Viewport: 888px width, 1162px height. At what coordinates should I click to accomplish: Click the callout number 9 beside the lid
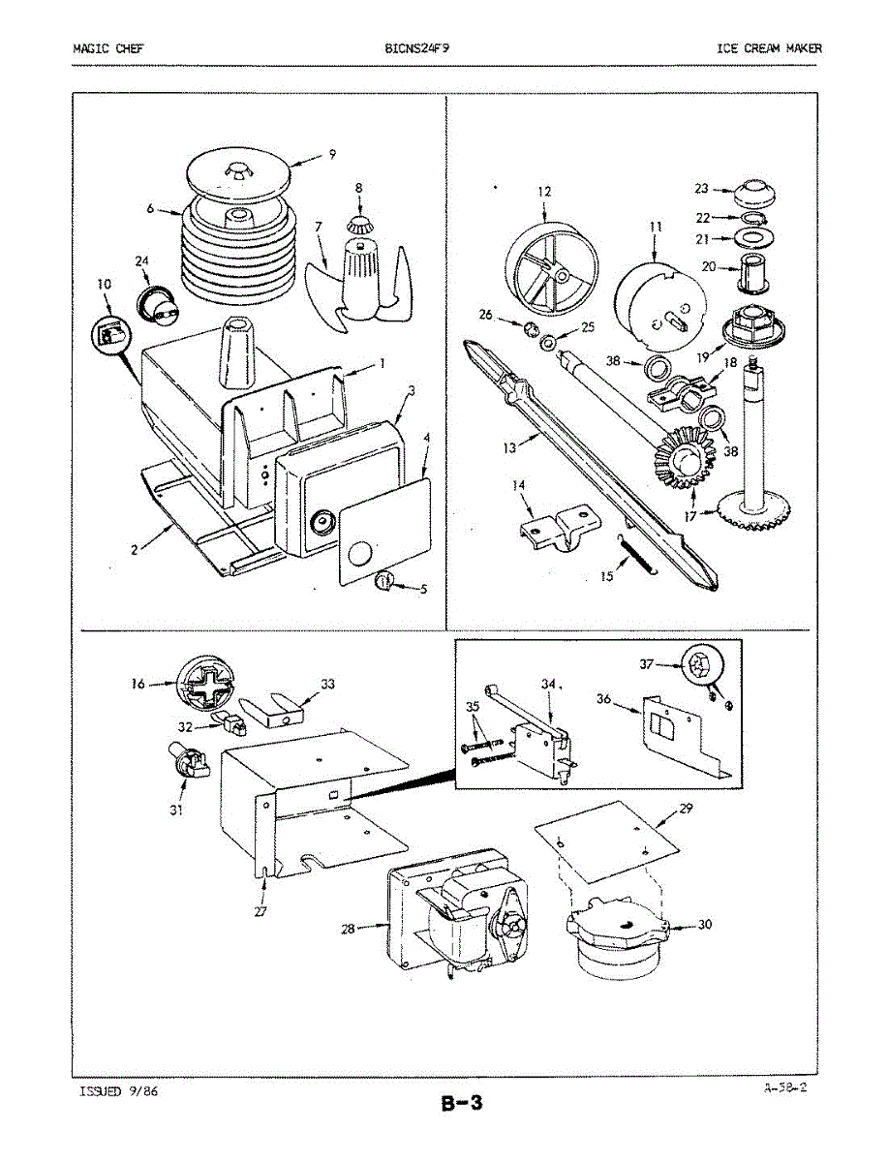coord(332,154)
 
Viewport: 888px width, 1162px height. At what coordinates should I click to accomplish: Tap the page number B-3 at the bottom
coord(462,1103)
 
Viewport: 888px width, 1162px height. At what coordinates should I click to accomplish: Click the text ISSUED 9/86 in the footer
coord(118,1091)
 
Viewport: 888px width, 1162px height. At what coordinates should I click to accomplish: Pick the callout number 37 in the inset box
coord(647,664)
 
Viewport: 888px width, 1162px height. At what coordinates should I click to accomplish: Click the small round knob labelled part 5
coord(384,581)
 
